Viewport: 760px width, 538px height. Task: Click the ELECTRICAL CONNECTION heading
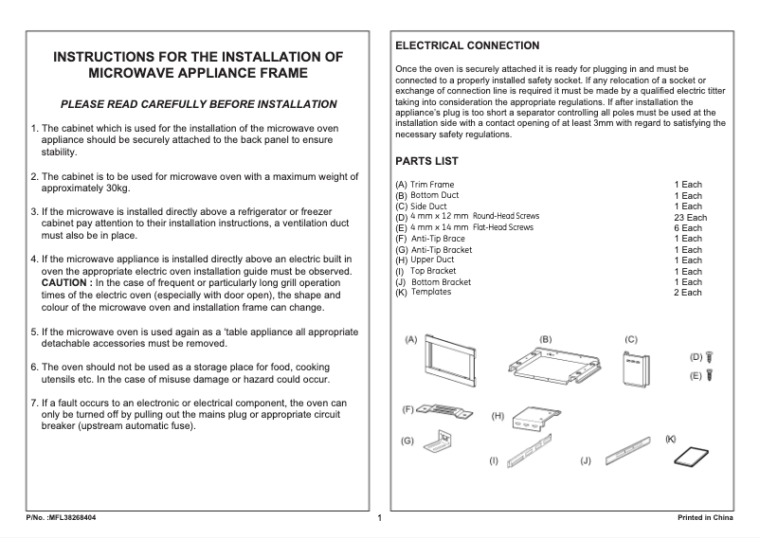tap(467, 45)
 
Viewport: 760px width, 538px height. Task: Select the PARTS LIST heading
tap(426, 162)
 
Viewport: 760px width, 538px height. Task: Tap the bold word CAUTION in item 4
tap(65, 283)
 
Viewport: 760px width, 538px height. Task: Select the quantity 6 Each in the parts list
tap(688, 228)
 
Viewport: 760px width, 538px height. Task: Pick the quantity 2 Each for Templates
tap(688, 293)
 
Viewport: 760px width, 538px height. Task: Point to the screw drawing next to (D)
tap(710, 357)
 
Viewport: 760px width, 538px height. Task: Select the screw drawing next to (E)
tap(710, 375)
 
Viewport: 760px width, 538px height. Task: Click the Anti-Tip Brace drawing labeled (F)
tap(445, 410)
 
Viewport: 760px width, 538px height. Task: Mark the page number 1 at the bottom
tap(379, 518)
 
